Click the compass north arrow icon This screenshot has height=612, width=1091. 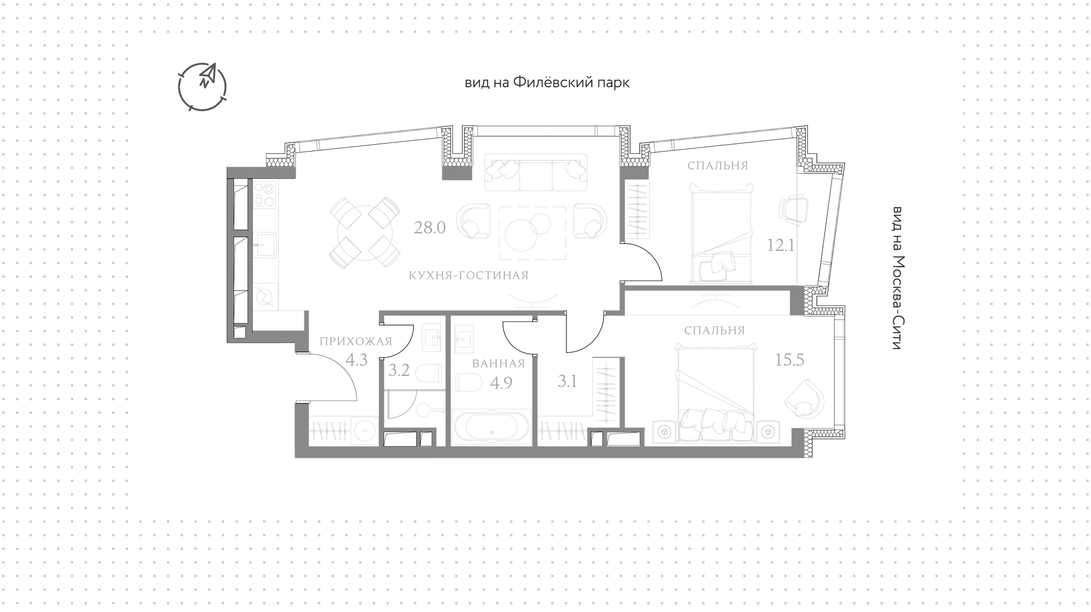(x=202, y=86)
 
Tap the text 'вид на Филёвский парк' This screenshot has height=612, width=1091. (x=547, y=83)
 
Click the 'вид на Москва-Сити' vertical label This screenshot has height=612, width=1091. (x=896, y=278)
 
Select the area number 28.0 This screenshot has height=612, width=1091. (x=430, y=228)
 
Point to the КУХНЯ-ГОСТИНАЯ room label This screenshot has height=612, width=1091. (x=469, y=276)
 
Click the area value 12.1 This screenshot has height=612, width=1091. (x=781, y=246)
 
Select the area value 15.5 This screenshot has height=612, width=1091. (x=790, y=360)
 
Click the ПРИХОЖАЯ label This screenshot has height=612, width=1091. (x=356, y=341)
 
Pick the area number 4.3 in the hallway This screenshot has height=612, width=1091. (x=357, y=360)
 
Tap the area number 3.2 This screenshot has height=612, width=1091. (x=399, y=371)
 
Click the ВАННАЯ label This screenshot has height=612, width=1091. (x=498, y=364)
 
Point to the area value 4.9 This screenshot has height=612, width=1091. (x=501, y=383)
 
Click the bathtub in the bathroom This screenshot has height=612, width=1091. (x=491, y=428)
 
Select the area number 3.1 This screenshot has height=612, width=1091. (x=567, y=382)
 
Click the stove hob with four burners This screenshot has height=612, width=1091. (x=264, y=194)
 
